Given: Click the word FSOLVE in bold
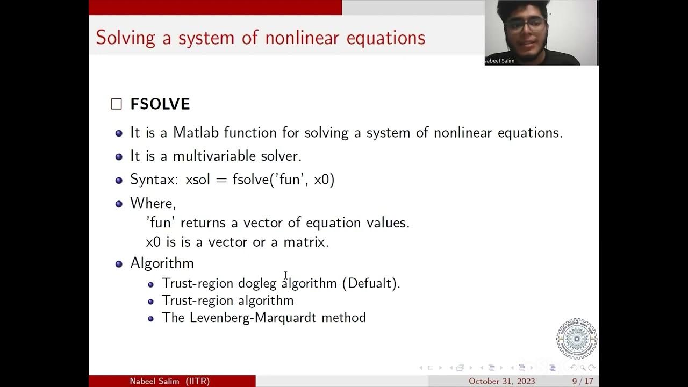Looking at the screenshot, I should (x=160, y=104).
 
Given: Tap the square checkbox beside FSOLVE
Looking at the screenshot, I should (x=117, y=104).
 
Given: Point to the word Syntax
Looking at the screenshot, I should (x=151, y=180).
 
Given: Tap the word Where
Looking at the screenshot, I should (x=152, y=203).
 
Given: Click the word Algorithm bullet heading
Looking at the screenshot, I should (x=162, y=263).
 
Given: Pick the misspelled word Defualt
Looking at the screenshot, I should (x=371, y=283).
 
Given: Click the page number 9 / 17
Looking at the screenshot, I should (x=583, y=381).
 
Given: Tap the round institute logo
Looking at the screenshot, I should (x=576, y=339).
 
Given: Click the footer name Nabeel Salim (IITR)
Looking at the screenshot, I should (x=169, y=381).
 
